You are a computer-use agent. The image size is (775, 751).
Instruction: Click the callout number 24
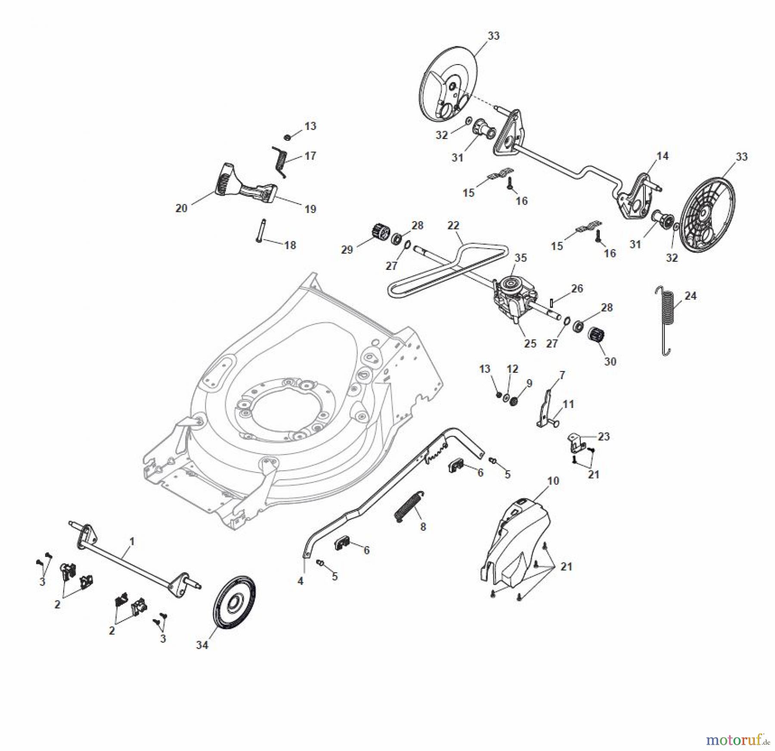[690, 296]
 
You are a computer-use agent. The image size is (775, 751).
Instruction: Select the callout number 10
[553, 481]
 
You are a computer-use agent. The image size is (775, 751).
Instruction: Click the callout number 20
[181, 208]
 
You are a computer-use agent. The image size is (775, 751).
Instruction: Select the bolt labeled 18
[261, 231]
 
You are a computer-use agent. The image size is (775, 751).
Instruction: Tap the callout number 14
[662, 156]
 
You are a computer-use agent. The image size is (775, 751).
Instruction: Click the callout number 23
[604, 436]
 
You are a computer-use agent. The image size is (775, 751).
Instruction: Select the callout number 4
[301, 581]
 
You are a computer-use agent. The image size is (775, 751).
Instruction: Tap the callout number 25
[530, 343]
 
